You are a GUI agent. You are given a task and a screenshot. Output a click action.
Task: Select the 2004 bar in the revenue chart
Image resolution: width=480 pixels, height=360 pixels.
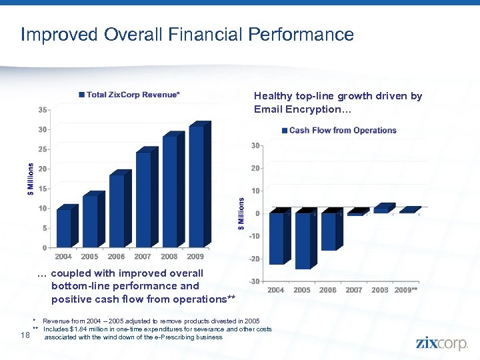pos(64,228)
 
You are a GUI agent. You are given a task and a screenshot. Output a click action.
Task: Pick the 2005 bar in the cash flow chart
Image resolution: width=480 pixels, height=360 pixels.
pos(303,241)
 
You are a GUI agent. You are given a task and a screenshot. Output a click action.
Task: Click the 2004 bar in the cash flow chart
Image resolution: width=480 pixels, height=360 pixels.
pos(276,238)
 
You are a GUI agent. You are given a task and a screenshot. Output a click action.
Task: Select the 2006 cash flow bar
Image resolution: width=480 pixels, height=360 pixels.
pos(329,231)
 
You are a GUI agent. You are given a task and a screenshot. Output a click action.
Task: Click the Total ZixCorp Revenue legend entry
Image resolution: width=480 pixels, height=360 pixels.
pos(129,95)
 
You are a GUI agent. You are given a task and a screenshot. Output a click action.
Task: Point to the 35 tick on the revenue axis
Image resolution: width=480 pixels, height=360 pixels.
pos(41,109)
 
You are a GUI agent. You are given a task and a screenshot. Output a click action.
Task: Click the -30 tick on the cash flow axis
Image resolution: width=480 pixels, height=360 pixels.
pos(254,281)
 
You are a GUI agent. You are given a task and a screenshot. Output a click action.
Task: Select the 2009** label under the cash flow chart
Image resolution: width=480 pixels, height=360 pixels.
pos(406,290)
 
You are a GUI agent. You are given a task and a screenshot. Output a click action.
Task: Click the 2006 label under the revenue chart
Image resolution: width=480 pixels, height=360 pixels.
pos(116,257)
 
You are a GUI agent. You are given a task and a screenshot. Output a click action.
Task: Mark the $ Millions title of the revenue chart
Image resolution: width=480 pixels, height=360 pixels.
pos(31,179)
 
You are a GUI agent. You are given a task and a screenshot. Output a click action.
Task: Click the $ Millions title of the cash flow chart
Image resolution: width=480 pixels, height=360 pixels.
pos(241,214)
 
